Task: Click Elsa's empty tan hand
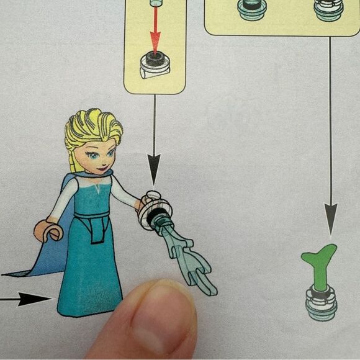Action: pos(48,230)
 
